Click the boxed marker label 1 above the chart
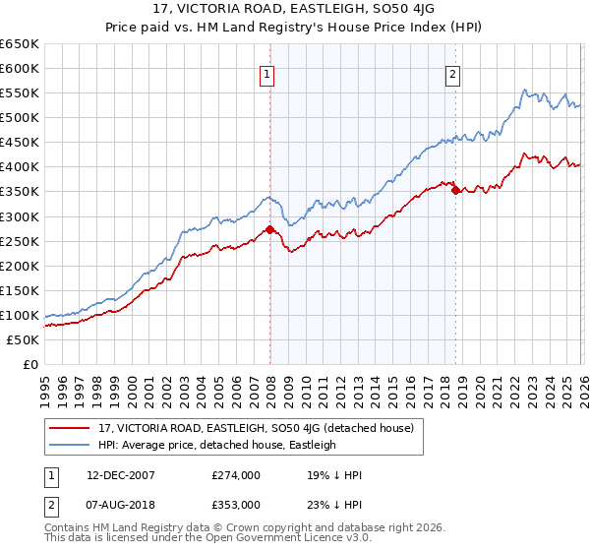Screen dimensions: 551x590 [267, 72]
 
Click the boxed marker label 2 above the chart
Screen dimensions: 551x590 [452, 72]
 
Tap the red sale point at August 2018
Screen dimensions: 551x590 [455, 190]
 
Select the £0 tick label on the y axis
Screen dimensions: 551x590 [30, 364]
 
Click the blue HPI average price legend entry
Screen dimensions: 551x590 [216, 445]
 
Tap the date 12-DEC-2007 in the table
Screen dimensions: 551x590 [114, 475]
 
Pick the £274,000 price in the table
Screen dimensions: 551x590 [235, 475]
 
